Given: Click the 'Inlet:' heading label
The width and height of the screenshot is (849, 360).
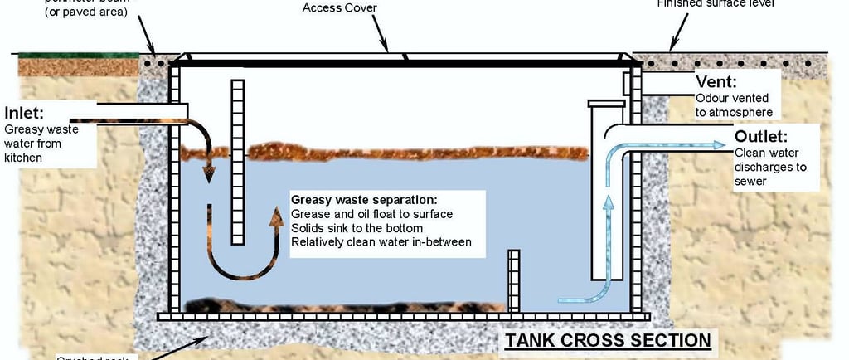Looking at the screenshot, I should pos(24,113).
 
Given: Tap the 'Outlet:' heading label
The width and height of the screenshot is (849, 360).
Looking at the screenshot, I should pos(760,137).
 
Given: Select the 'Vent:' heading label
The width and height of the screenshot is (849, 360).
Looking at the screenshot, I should pos(716,82).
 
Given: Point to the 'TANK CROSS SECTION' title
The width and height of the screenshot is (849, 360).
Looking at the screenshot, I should pos(609,340).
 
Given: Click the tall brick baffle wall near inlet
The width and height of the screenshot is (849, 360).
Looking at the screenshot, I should pos(238,162).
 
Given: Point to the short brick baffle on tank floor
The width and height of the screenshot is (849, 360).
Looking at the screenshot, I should pos(513,280).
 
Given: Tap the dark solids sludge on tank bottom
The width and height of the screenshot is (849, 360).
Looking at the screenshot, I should pos(332,305).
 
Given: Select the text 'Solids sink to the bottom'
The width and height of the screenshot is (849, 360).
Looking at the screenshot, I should pos(357,228).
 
